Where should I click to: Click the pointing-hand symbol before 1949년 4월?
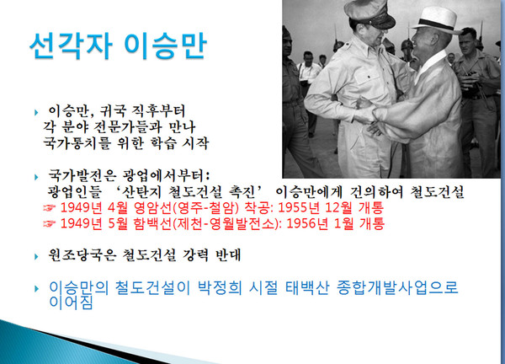[50, 209]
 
